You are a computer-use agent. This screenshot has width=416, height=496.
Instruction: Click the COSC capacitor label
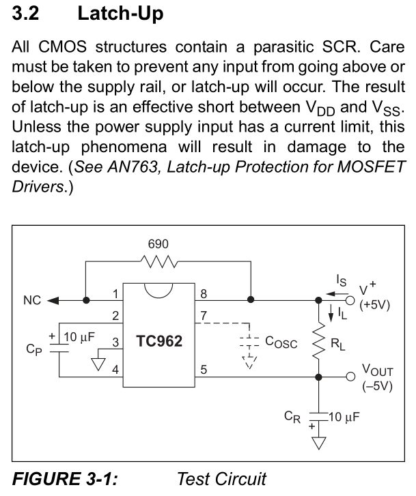click(x=280, y=344)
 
